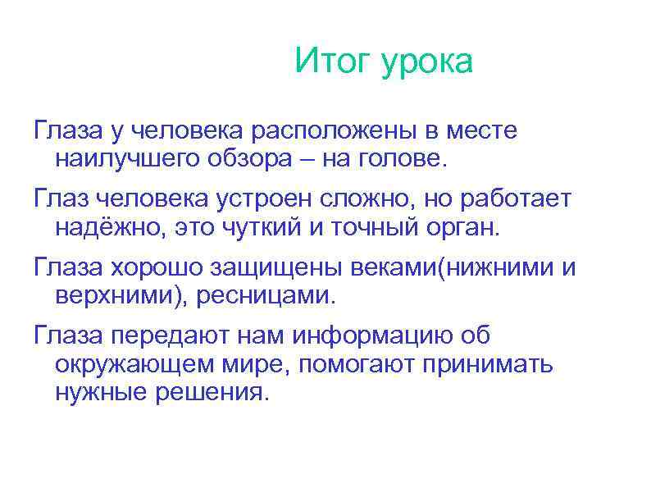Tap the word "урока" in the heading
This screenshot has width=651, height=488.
click(426, 63)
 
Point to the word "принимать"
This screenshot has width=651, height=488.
click(488, 364)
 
